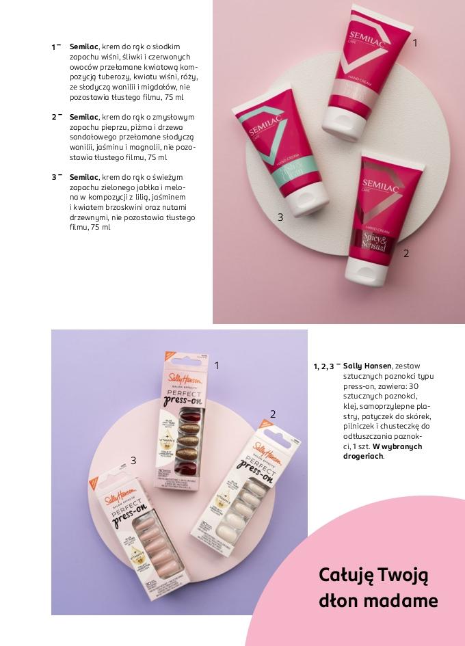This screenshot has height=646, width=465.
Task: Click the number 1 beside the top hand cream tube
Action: point(414,42)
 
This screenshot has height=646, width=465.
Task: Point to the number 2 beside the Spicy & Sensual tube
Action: point(406,253)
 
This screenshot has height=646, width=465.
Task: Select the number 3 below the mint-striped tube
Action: point(280,217)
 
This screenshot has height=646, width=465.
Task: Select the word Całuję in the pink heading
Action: point(346,575)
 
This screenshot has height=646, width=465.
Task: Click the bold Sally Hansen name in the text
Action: point(368,366)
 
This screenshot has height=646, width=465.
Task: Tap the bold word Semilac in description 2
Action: point(83,117)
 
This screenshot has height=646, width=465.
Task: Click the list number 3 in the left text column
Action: point(54,177)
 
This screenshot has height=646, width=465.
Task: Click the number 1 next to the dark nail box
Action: point(217,365)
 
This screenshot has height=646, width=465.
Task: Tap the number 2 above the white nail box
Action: point(273,414)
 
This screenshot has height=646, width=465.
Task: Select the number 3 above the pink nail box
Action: point(133,460)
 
